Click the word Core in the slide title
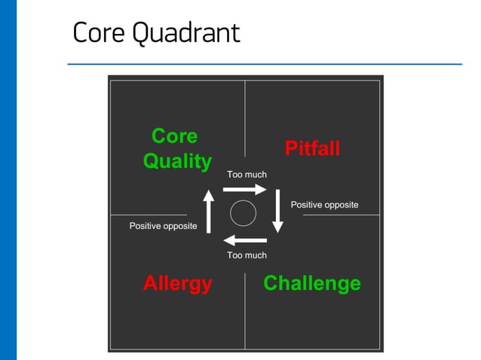(x=95, y=32)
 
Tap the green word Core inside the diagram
(x=174, y=136)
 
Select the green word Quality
(x=177, y=161)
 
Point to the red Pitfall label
(x=312, y=148)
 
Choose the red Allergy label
(x=177, y=284)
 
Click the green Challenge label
(x=311, y=284)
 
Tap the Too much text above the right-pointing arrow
(x=247, y=175)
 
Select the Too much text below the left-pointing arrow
(x=247, y=255)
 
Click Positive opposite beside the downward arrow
(x=324, y=205)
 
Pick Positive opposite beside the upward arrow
(x=163, y=226)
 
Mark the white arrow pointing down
(x=277, y=210)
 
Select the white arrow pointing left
(x=245, y=240)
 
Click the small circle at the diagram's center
(x=243, y=214)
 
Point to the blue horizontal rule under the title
(x=264, y=64)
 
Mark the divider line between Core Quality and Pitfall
(x=245, y=121)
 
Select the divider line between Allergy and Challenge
(x=245, y=309)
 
